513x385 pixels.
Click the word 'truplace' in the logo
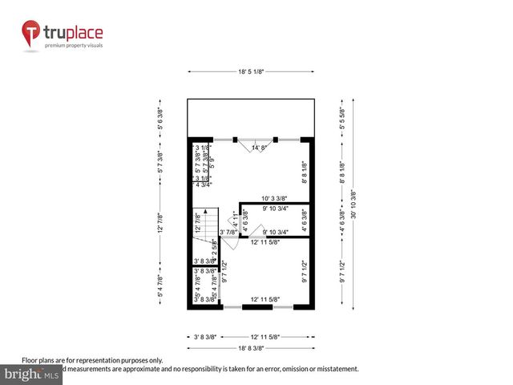(x=74, y=34)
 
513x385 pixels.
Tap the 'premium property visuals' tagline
(x=74, y=46)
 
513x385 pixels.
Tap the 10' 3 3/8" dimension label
(x=277, y=198)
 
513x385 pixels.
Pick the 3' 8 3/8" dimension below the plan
(x=206, y=336)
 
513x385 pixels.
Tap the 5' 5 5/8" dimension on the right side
(x=342, y=119)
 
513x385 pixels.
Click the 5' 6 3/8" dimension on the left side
(x=160, y=119)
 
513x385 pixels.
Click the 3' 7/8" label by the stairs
(x=229, y=233)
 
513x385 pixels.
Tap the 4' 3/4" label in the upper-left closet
(x=205, y=186)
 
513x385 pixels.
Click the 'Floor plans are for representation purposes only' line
(x=92, y=361)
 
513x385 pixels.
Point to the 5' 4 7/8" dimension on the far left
(x=160, y=288)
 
